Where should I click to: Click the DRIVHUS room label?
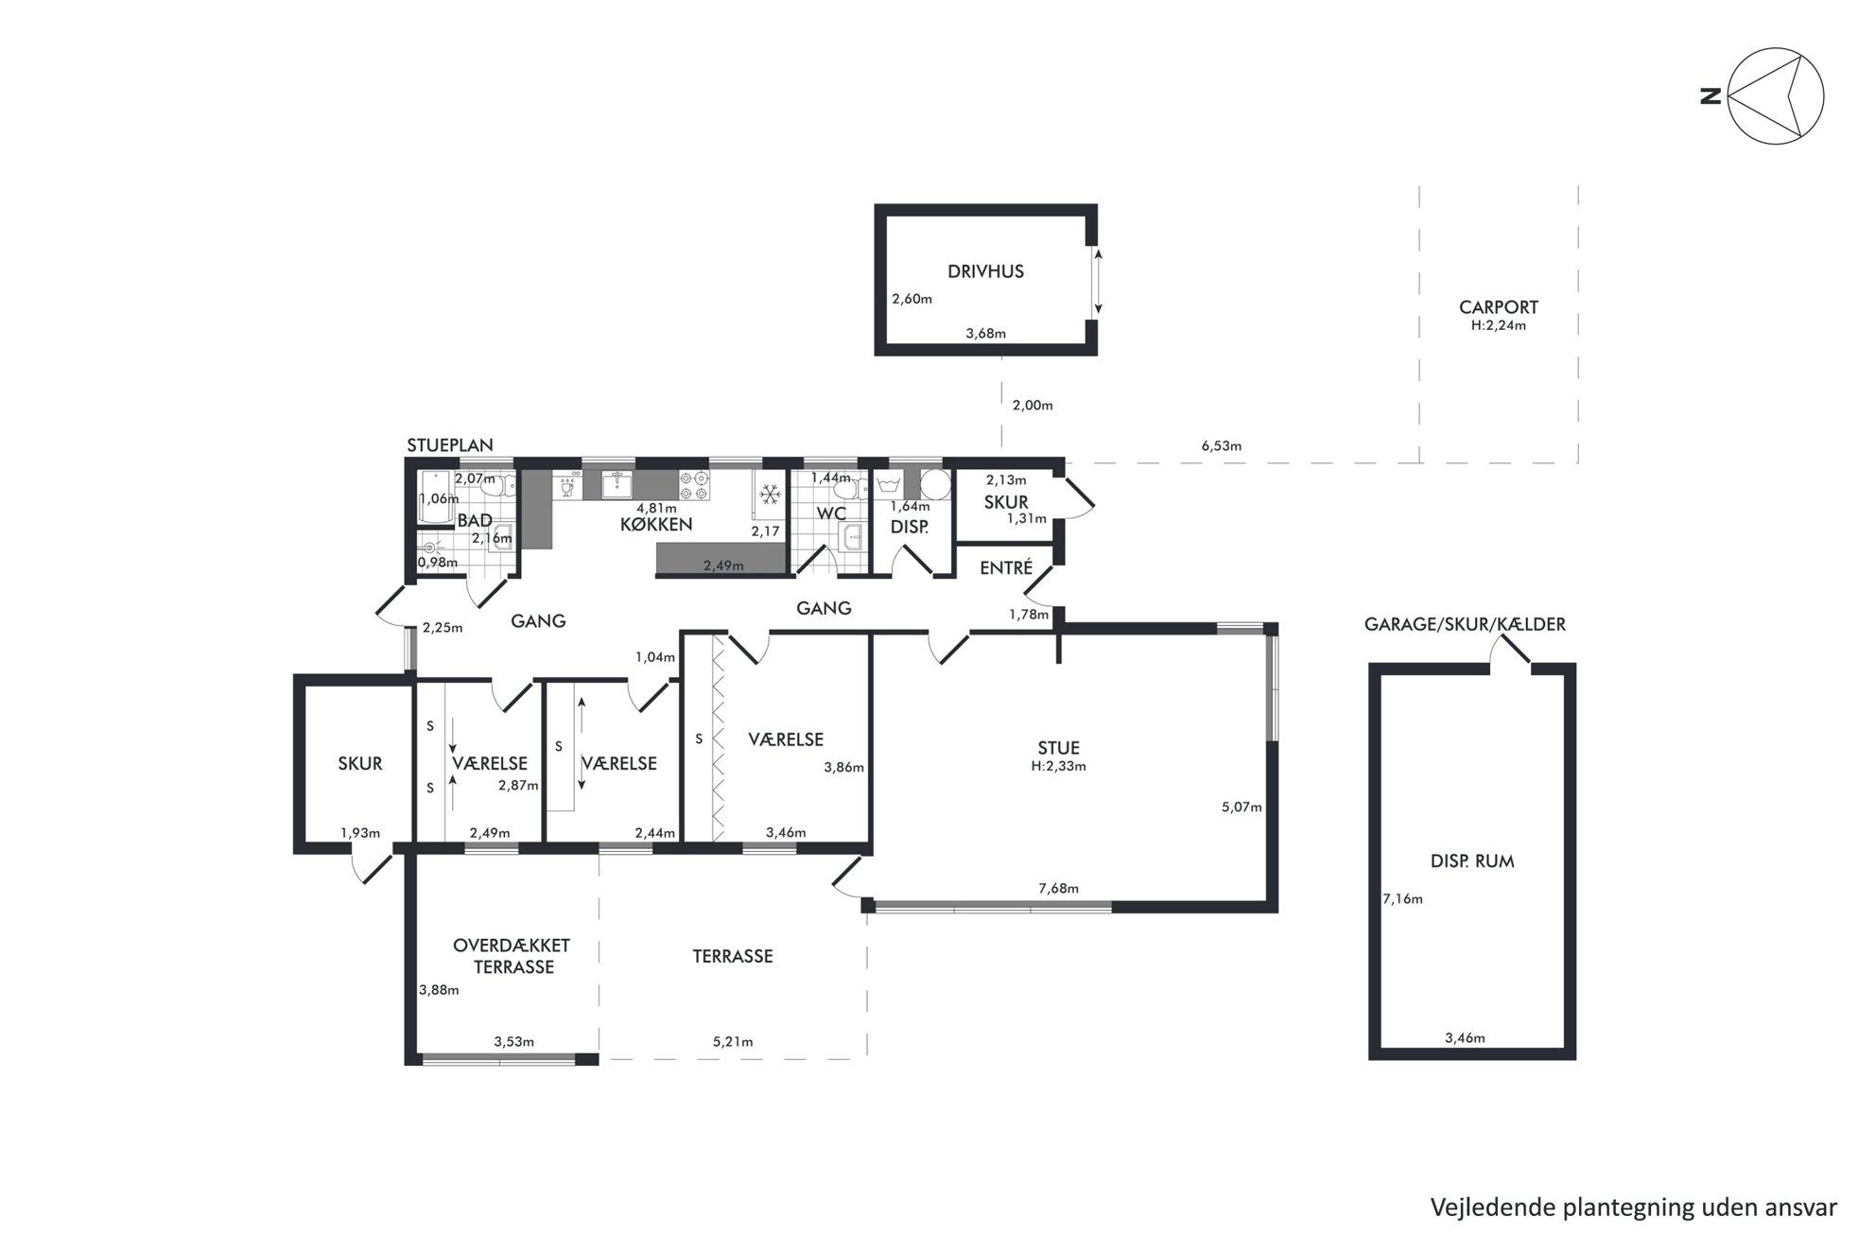[985, 271]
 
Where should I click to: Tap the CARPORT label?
[1498, 306]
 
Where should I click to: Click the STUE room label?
[1058, 748]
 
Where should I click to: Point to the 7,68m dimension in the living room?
[1058, 888]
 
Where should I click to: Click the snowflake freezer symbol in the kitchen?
[770, 495]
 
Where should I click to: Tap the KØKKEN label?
[656, 524]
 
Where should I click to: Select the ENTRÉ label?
[1006, 567]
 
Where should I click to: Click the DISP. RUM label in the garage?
[1472, 861]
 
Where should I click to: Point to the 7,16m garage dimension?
[1402, 899]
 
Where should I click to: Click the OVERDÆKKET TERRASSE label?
[512, 956]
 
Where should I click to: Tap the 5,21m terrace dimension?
[733, 1042]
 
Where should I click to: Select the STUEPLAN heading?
[449, 445]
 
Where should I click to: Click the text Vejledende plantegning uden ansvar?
[1633, 1208]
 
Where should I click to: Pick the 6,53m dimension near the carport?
[1221, 445]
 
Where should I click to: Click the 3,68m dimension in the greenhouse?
[985, 333]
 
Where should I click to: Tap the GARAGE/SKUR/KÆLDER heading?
[1465, 624]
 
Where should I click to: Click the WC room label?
[831, 513]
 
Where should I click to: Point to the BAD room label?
[475, 520]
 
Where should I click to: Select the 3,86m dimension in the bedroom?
[843, 768]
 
